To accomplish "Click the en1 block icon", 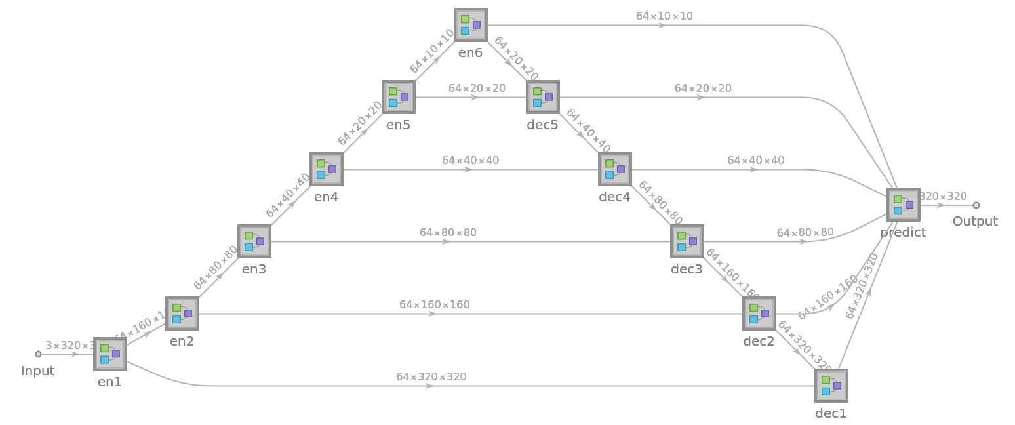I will [x=110, y=354].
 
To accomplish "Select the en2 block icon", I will [x=182, y=314].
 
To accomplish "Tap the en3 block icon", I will [x=254, y=241].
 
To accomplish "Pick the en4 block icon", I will [x=327, y=169].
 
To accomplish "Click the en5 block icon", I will [x=399, y=97].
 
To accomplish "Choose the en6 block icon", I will [x=471, y=25].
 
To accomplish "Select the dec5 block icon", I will [x=543, y=97].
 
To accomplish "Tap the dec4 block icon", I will [x=615, y=169].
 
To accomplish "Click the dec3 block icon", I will [x=687, y=241].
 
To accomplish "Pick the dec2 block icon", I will [x=759, y=314].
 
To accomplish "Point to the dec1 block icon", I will [x=831, y=386].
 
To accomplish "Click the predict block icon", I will [x=904, y=205].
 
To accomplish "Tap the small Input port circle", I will [x=38, y=354].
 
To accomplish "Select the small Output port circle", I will [x=976, y=205].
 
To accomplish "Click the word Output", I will [x=975, y=221].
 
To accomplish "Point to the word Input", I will [x=37, y=371].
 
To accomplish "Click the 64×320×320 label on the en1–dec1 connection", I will [x=431, y=376].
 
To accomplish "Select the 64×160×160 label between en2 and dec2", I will [x=434, y=304].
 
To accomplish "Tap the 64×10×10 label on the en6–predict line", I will [x=664, y=16].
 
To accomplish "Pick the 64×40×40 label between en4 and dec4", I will [x=470, y=160].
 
